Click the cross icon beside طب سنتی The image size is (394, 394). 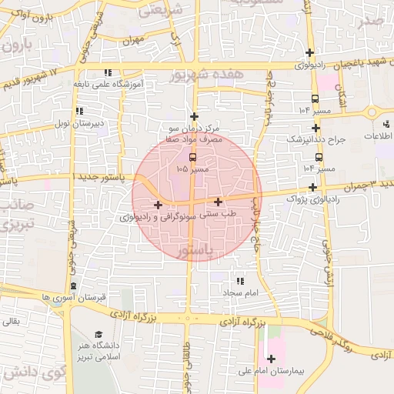click(219, 202)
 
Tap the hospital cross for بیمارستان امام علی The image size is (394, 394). click(271, 359)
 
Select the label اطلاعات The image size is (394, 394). click(378, 136)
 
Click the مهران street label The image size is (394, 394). click(132, 38)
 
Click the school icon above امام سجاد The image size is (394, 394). click(239, 282)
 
